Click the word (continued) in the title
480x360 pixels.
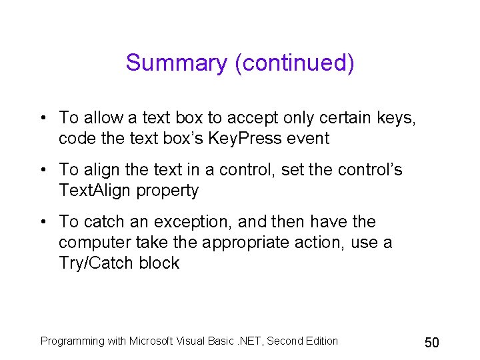click(294, 63)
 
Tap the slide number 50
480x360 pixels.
click(432, 343)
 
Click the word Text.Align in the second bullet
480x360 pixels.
click(95, 191)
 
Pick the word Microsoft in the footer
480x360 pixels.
click(152, 341)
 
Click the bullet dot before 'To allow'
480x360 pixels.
click(43, 119)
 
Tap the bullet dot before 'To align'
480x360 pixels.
click(43, 170)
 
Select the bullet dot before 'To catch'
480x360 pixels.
click(43, 222)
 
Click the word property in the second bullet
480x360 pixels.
click(167, 191)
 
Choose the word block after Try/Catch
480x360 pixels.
click(159, 263)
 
